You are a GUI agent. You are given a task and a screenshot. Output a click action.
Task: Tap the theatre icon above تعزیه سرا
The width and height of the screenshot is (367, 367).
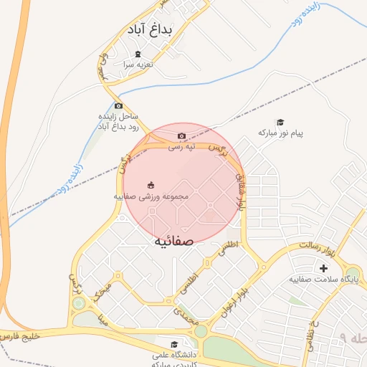pos(138,54)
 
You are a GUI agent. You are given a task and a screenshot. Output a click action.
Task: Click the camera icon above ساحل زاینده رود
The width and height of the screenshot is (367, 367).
pos(118,105)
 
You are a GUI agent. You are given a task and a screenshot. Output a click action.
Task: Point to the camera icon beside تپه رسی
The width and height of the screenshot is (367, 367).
pos(181,136)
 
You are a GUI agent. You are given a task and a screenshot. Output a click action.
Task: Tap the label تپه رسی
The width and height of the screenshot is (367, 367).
pos(181,147)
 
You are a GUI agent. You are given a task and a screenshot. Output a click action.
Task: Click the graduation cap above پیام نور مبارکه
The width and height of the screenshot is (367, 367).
pos(280,123)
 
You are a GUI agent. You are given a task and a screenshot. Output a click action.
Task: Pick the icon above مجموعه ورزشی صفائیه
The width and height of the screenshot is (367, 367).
pos(151,185)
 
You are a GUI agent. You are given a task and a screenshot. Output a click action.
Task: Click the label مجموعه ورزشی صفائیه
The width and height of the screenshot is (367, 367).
pos(151,195)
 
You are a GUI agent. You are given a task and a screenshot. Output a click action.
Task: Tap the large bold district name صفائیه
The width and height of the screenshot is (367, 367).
pos(173,241)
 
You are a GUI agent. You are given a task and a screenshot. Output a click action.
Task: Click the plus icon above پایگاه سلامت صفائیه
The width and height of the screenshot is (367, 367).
pos(323,268)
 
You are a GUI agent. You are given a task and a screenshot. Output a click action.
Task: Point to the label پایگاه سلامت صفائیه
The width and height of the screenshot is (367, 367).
pos(323,279)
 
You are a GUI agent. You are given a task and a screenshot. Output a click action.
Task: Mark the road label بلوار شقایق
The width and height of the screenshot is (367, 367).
pos(242,194)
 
